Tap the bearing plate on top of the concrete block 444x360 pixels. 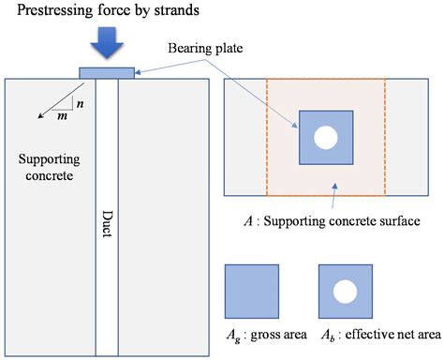(107, 72)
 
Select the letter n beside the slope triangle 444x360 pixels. (79, 105)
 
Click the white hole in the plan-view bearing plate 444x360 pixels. (325, 138)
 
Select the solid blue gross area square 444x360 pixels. (251, 291)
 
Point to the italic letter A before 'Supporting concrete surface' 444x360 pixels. (245, 221)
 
